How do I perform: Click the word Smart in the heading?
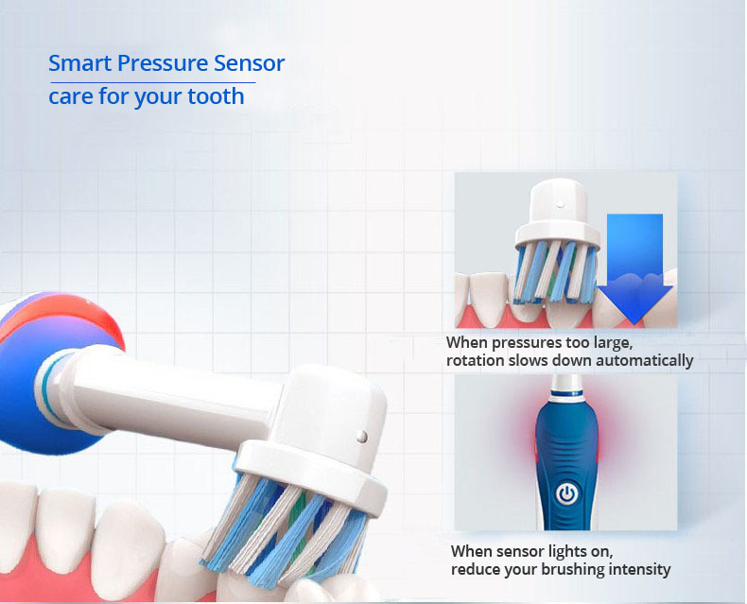point(79,63)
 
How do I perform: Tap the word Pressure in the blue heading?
point(163,63)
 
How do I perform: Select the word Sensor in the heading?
point(250,63)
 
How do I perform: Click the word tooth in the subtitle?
point(216,96)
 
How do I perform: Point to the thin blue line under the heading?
point(152,83)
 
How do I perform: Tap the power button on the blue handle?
point(566,494)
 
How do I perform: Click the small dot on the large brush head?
point(362,436)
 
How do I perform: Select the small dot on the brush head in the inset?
point(561,204)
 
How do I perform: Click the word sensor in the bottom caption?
point(521,552)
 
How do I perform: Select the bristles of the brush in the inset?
point(556,272)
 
